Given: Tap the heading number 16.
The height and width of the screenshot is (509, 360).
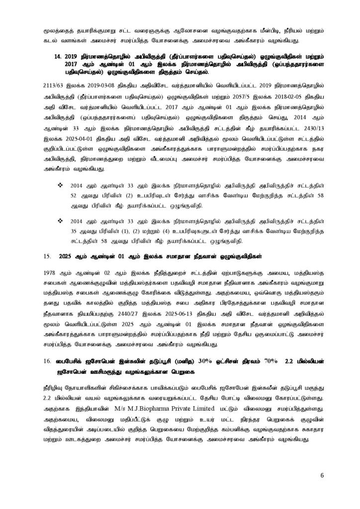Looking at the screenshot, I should point(48,361).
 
